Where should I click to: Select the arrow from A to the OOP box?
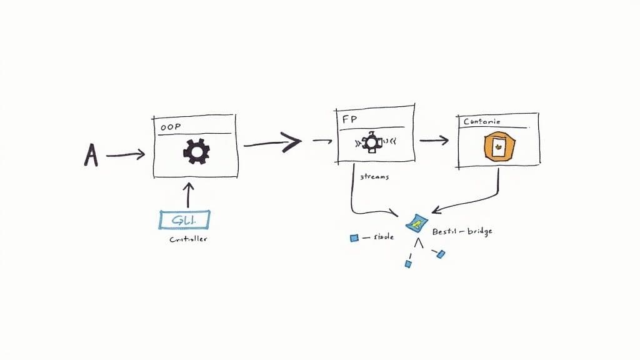[x=126, y=154]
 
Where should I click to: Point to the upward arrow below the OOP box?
[x=187, y=194]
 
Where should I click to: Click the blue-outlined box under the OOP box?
[x=184, y=219]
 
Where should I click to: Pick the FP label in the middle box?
[x=348, y=119]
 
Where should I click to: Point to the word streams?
[x=374, y=177]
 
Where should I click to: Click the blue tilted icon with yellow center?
[x=416, y=222]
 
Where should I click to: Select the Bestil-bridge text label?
[x=462, y=231]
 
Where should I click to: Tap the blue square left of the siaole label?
[x=354, y=237]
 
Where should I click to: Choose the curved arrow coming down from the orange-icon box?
[x=481, y=197]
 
